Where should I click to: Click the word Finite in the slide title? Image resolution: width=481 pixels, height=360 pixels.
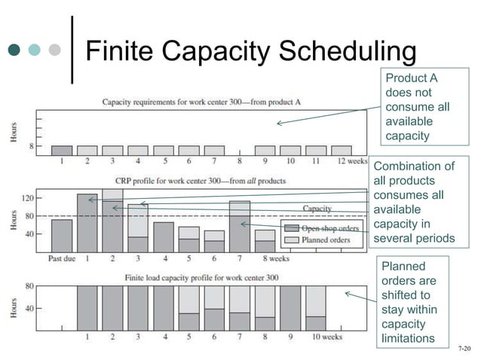tap(121, 52)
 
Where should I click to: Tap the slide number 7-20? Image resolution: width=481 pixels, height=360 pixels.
tap(465, 349)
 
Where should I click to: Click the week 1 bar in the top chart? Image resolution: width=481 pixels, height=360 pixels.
tap(62, 151)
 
